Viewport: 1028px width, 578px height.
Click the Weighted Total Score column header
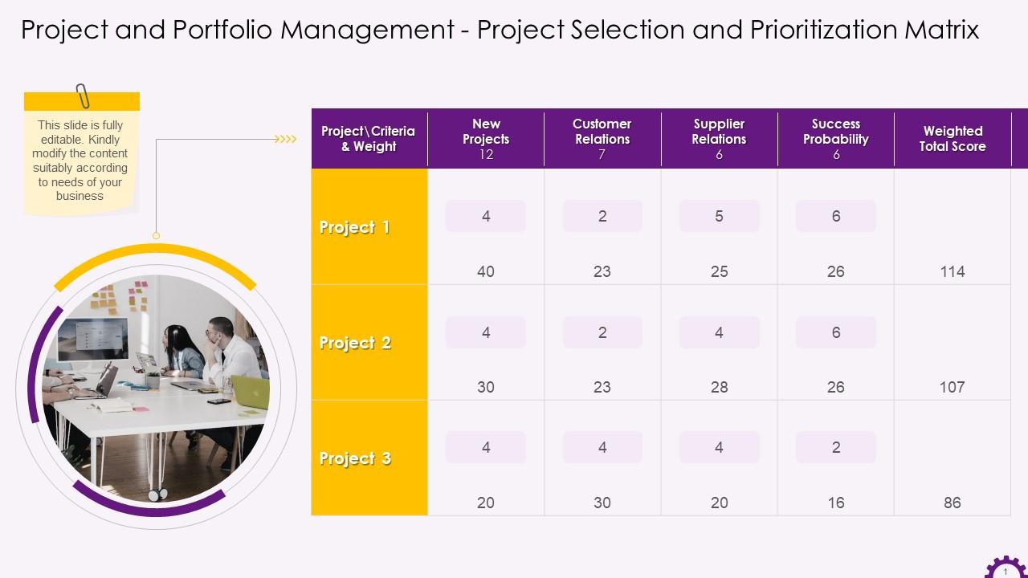[953, 139]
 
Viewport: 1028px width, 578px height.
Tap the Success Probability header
[835, 132]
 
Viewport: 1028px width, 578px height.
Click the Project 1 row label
[355, 227]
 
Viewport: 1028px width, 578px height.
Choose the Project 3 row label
[355, 458]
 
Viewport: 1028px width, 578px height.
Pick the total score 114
[953, 271]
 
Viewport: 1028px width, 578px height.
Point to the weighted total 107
[952, 387]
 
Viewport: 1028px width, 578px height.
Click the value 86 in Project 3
[953, 503]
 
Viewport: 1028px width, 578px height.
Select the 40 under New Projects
[486, 271]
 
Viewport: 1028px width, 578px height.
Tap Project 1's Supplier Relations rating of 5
[719, 216]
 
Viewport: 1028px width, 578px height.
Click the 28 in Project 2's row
[719, 387]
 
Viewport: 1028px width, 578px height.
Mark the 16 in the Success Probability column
[836, 503]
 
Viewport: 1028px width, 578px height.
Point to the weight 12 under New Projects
[486, 154]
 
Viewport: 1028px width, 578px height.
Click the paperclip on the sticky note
[82, 96]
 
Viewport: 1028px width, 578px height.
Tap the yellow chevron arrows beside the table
[286, 139]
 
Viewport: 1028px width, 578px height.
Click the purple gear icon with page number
[1005, 567]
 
